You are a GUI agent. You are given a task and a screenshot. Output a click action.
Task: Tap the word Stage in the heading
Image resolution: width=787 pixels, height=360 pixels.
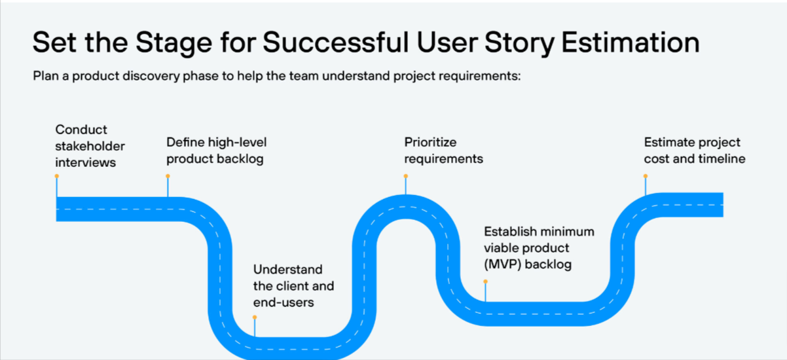tap(172, 43)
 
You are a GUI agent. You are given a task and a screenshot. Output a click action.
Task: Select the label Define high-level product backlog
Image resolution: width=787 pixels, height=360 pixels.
tap(216, 151)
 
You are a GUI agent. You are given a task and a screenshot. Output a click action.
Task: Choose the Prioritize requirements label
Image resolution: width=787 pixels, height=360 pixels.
tap(443, 151)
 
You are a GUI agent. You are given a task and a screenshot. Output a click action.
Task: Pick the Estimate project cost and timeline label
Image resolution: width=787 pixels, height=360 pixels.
tap(694, 151)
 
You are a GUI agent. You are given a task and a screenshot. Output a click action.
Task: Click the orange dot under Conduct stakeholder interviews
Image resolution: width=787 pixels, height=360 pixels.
tap(57, 176)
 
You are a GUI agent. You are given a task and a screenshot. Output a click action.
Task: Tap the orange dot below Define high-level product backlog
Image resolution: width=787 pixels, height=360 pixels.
tap(168, 176)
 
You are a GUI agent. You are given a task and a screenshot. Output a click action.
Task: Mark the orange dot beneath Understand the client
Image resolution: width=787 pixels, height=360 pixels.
tap(255, 317)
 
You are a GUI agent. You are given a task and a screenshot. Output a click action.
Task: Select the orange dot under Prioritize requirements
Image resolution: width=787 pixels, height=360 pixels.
tap(406, 176)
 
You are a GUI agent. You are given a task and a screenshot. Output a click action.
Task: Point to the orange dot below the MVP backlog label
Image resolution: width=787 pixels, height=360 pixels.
tap(485, 281)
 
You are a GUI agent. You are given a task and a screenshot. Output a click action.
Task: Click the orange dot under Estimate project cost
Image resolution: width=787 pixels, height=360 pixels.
tap(646, 176)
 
